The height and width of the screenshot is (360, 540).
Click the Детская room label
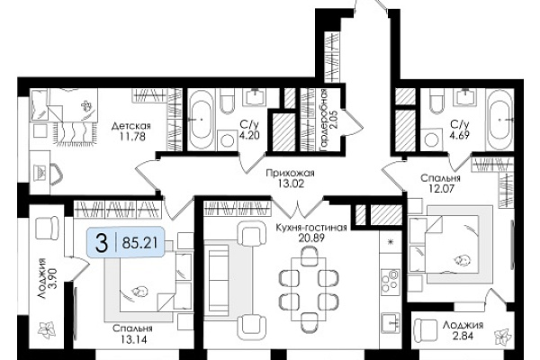click(x=130, y=126)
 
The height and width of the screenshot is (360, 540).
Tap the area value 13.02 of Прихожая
click(x=291, y=184)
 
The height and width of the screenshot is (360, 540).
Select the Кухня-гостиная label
click(x=311, y=228)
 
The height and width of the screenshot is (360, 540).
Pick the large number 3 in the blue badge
click(x=102, y=242)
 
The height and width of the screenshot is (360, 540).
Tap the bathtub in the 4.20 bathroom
click(x=201, y=120)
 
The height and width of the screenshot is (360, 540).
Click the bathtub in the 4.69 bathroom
click(x=499, y=120)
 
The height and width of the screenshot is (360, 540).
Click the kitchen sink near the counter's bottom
click(x=391, y=323)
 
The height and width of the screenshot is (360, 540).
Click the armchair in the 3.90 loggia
click(x=47, y=228)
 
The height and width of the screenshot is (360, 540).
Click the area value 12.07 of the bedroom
click(x=441, y=188)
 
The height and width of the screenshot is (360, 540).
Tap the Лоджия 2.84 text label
click(x=463, y=330)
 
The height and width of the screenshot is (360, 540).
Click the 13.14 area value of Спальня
click(x=133, y=339)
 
